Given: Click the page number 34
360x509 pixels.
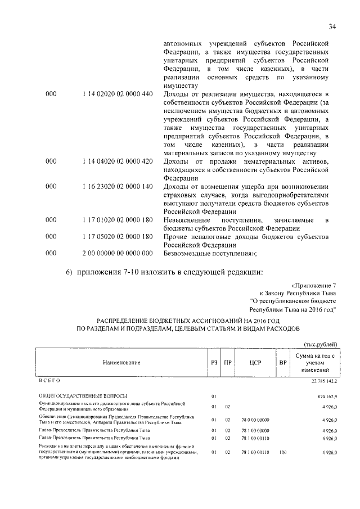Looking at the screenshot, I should tap(332, 25).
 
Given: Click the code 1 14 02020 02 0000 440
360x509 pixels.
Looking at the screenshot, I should tap(117, 94).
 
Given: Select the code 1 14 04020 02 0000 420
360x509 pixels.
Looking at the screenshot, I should tap(117, 161).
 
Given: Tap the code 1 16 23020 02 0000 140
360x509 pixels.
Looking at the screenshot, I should tap(117, 186).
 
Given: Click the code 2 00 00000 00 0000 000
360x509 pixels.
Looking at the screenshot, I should tap(117, 253).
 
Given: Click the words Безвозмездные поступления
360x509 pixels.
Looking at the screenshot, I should tap(209, 253).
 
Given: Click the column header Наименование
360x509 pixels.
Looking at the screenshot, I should tap(121, 363).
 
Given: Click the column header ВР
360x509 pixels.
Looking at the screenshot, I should tap(282, 363).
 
